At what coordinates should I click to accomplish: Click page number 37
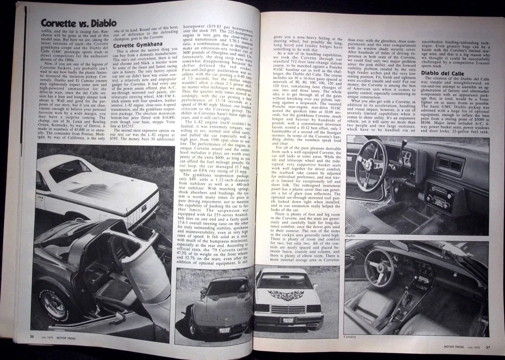488,346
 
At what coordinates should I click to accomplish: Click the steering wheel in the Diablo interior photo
371,164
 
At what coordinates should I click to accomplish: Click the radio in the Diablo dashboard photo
440,192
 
